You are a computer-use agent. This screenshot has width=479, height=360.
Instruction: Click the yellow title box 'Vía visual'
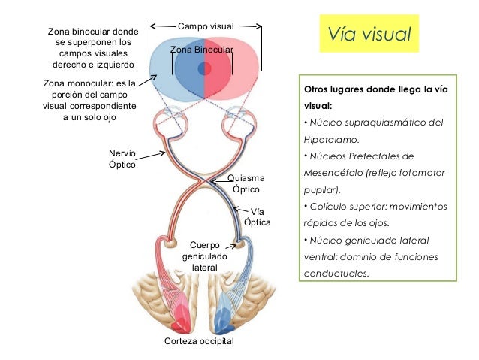click(369, 35)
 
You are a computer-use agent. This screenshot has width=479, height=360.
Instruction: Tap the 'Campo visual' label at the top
click(206, 27)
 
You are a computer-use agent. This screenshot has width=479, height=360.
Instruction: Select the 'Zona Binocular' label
click(202, 50)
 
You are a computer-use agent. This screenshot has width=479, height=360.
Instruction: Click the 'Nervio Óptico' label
click(122, 159)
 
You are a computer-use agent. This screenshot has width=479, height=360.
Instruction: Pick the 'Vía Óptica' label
click(257, 217)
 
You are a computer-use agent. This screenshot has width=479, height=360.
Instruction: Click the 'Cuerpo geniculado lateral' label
click(204, 256)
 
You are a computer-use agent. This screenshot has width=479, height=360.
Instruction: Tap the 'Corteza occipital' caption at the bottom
click(199, 341)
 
